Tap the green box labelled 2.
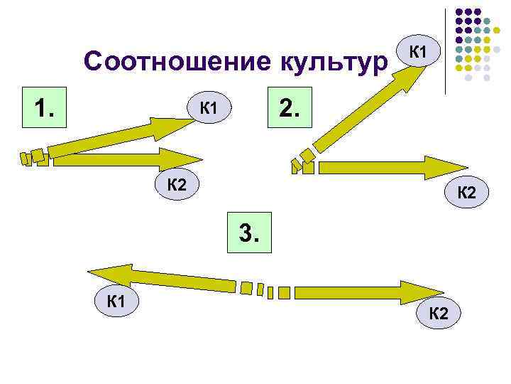click(x=290, y=108)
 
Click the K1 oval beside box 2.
click(x=208, y=109)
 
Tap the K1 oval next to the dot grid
click(x=419, y=51)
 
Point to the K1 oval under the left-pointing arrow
click(x=116, y=302)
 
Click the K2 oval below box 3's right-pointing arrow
click(x=439, y=313)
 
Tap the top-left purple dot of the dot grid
click(x=459, y=12)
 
